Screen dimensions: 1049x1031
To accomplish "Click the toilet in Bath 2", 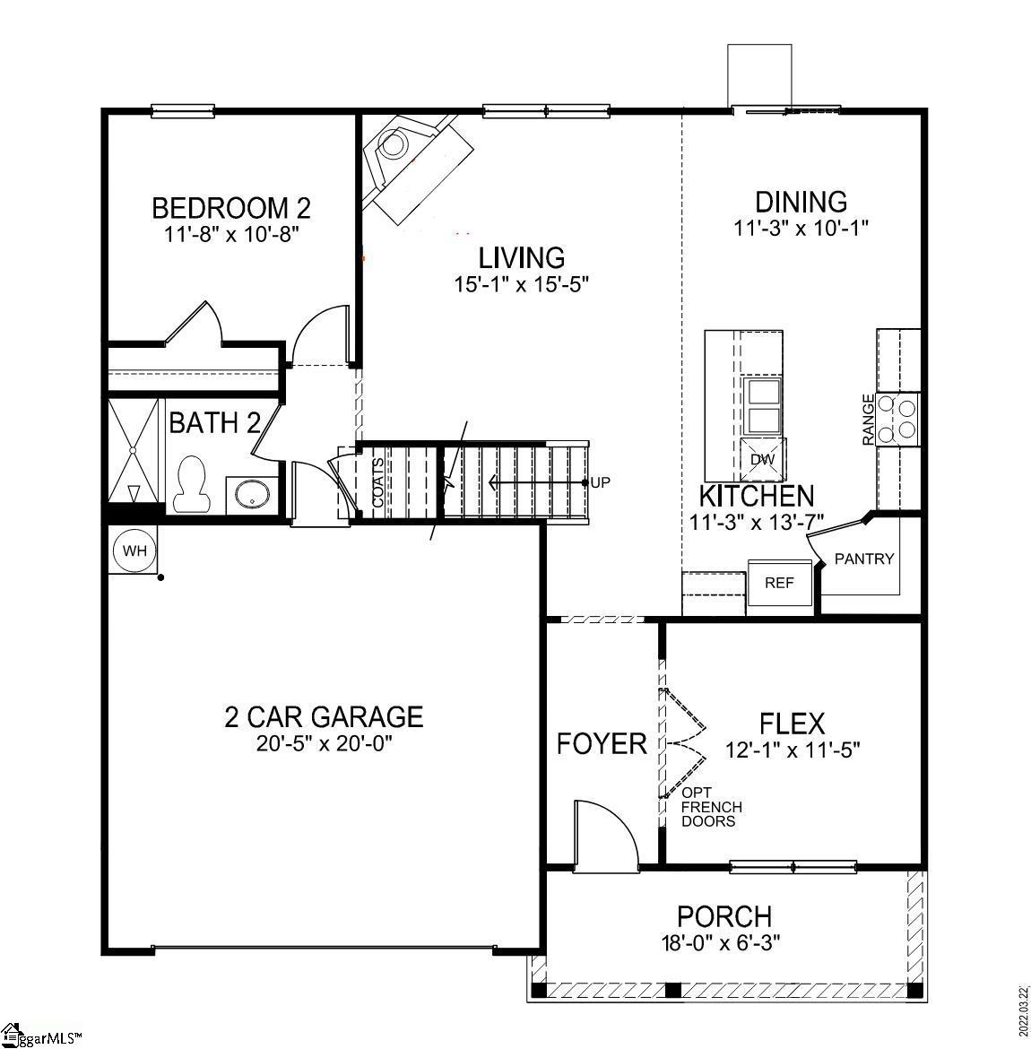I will (190, 485).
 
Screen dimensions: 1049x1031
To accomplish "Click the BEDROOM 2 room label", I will (231, 208).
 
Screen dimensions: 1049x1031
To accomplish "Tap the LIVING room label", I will (522, 258).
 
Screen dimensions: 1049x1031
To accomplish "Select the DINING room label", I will (801, 202).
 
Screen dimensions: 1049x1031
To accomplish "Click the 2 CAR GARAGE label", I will (323, 716).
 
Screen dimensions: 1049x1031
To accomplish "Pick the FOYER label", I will (602, 743).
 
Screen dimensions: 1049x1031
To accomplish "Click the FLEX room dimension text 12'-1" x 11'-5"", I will (793, 750).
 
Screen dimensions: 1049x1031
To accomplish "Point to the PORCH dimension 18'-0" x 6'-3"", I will (723, 942).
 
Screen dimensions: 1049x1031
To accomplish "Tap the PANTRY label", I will (864, 559).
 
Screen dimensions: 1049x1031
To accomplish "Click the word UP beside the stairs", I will (601, 482).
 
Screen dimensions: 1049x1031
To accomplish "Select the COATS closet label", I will (377, 483).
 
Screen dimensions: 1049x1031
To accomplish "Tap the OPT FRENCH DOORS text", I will (711, 807).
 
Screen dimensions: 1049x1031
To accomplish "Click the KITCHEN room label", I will (757, 496).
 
